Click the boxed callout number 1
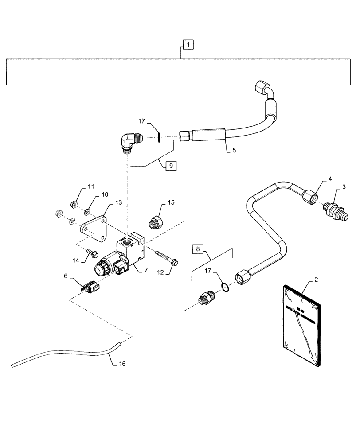click(x=188, y=45)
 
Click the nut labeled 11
click(x=74, y=204)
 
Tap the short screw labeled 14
click(x=93, y=254)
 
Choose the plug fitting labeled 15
click(x=156, y=221)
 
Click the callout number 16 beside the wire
click(x=121, y=364)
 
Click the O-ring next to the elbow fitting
click(x=158, y=138)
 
